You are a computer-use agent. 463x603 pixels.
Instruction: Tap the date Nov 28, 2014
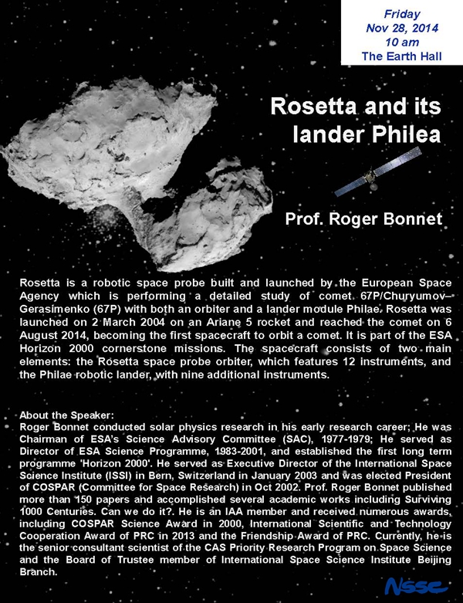(x=401, y=27)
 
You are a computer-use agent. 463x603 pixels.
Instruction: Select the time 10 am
(x=401, y=42)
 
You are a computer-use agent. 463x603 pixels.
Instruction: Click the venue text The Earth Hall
(x=401, y=56)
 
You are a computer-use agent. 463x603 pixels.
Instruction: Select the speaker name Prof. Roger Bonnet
(x=363, y=219)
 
